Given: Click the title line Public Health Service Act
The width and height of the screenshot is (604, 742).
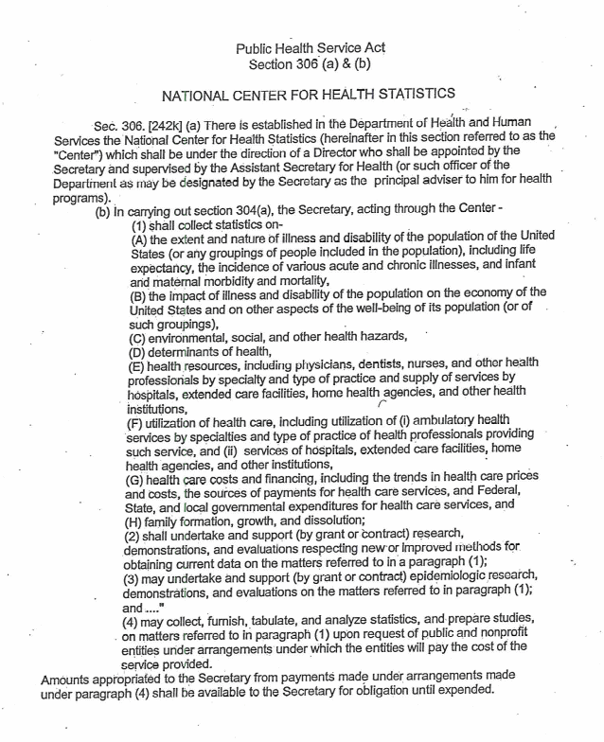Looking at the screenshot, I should pyautogui.click(x=310, y=47).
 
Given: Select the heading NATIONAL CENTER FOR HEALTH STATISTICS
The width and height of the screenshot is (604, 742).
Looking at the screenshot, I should pyautogui.click(x=310, y=95).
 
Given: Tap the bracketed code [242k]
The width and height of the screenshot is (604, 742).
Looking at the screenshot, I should pyautogui.click(x=158, y=125).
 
